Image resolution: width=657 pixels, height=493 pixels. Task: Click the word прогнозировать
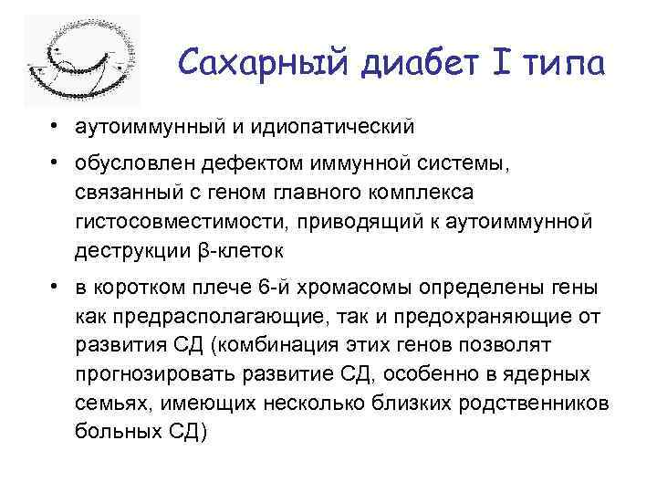(x=149, y=374)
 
